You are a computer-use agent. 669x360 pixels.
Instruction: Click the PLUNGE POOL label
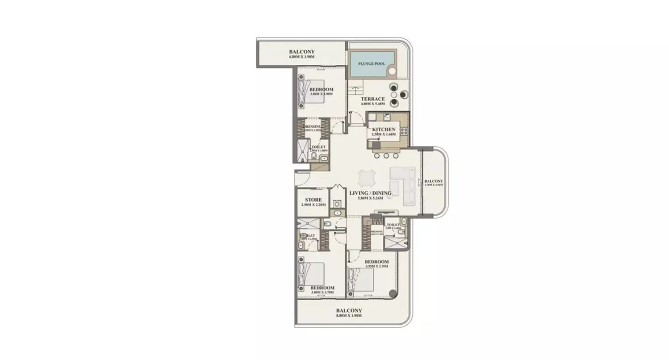pos(372,64)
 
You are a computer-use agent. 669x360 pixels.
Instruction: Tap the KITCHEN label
pos(384,130)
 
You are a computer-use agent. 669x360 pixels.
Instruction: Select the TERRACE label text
pos(373,99)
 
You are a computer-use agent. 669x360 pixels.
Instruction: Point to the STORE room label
pos(313,200)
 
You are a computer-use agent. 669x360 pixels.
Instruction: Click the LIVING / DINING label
pos(371,193)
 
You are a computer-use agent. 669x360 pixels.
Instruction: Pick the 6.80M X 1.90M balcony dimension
pos(302,57)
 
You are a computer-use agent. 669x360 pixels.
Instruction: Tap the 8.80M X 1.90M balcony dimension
pos(349,316)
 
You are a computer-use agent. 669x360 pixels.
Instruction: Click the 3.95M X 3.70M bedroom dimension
pos(376,267)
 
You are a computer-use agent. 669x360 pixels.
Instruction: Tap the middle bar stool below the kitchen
pos(386,155)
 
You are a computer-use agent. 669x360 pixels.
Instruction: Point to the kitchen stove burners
pos(404,131)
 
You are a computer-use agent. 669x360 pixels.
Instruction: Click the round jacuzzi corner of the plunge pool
pos(392,71)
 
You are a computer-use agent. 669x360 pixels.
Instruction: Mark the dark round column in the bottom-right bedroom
pos(393,294)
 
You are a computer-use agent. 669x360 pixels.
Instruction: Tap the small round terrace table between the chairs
pos(394,95)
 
